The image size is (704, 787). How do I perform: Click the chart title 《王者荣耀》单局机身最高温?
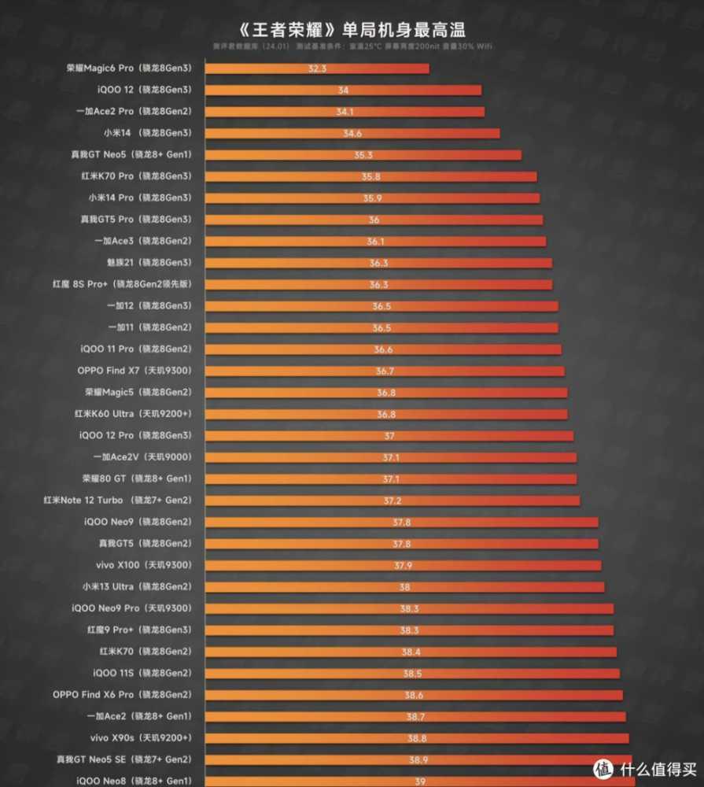click(x=352, y=30)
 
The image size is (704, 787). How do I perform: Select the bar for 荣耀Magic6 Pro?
click(x=317, y=68)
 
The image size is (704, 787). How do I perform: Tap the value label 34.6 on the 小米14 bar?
click(x=352, y=133)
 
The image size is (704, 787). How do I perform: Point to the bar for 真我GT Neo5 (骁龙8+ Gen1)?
click(x=363, y=155)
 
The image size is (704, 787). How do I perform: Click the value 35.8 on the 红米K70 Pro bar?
click(x=371, y=176)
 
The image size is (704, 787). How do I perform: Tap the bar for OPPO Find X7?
click(x=385, y=371)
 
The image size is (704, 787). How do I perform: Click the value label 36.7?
click(x=385, y=371)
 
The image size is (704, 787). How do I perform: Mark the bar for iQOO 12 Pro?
click(x=389, y=435)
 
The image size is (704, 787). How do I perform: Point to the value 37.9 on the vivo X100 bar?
click(x=403, y=565)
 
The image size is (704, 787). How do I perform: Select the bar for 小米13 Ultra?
click(x=404, y=586)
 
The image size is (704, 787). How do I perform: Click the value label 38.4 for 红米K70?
click(x=411, y=652)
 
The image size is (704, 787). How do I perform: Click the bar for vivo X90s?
click(x=417, y=737)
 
